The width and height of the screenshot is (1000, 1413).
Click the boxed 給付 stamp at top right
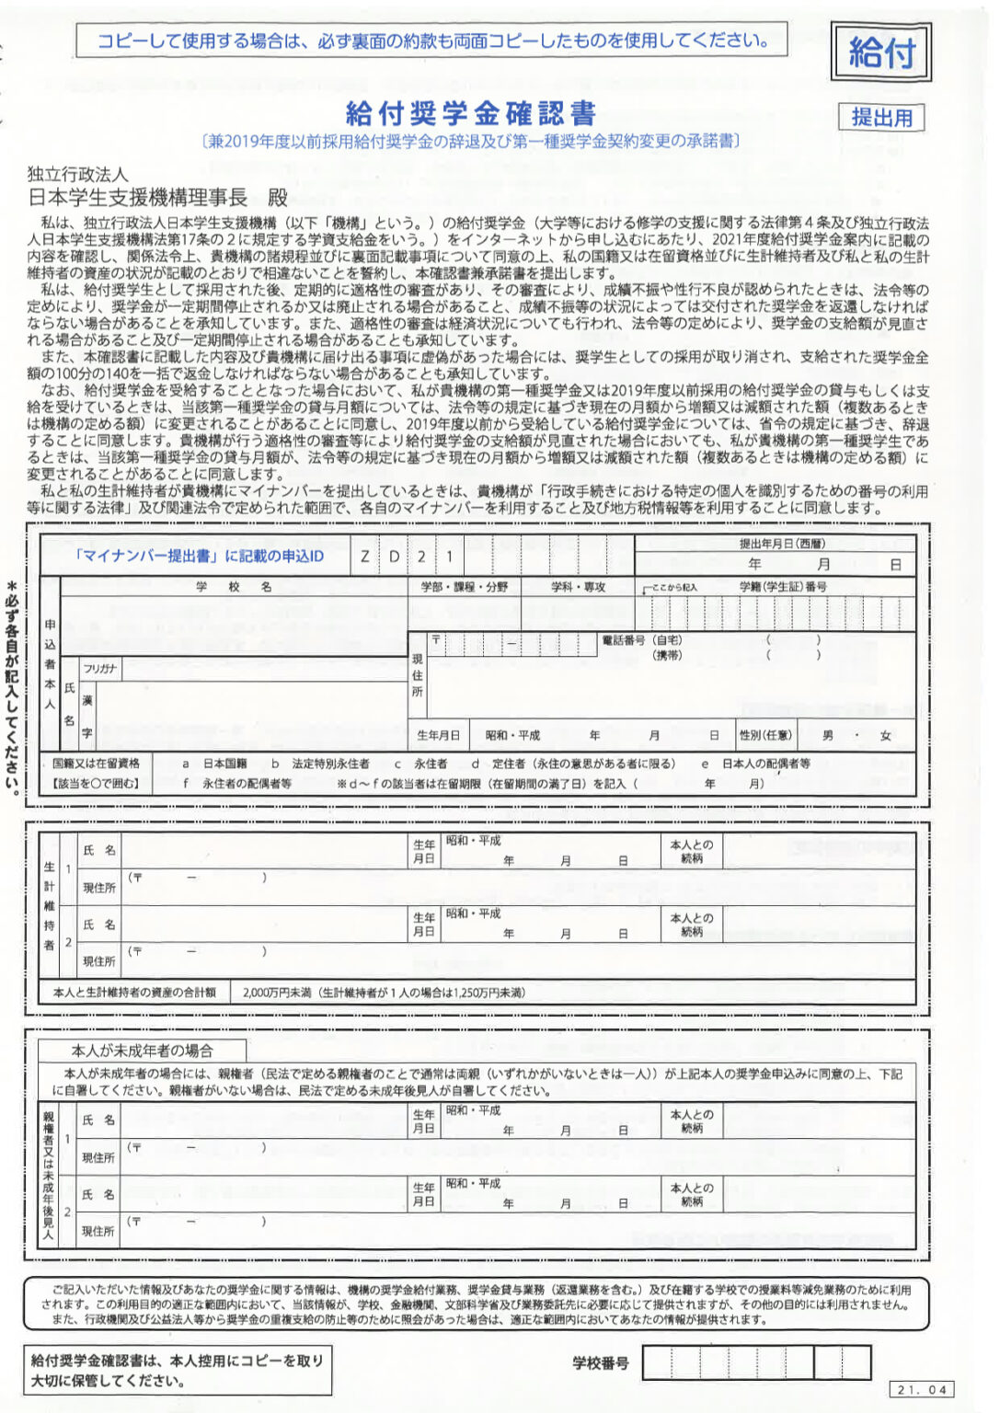click(x=880, y=52)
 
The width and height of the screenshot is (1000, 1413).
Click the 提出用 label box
click(x=880, y=118)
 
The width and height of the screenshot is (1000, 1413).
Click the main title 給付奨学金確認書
click(x=470, y=113)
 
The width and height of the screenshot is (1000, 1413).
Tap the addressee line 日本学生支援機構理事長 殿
click(x=158, y=197)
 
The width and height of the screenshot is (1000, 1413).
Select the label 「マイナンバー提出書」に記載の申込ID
click(x=199, y=556)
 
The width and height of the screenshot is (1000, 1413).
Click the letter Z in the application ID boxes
click(x=365, y=556)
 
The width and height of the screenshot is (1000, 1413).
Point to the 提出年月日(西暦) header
click(x=782, y=544)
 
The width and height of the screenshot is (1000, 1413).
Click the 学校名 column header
click(x=234, y=586)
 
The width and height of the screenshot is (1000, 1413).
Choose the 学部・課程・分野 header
click(x=464, y=586)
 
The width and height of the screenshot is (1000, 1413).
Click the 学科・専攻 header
click(x=578, y=586)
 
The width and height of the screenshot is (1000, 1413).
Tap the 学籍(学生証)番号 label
click(x=783, y=586)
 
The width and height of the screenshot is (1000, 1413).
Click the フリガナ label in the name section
click(x=99, y=669)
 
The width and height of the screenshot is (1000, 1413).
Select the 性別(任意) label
click(x=765, y=735)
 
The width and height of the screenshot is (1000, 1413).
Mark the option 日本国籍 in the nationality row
click(x=224, y=764)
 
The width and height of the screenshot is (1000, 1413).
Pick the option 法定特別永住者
click(x=330, y=764)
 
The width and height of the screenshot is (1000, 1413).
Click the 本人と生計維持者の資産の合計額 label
click(x=134, y=993)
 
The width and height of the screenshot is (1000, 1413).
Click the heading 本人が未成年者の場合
click(x=142, y=1051)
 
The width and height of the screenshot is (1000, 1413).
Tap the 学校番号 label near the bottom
click(x=600, y=1362)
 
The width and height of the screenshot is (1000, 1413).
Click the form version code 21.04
click(x=921, y=1389)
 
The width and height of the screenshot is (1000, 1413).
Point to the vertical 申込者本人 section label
click(x=50, y=664)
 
